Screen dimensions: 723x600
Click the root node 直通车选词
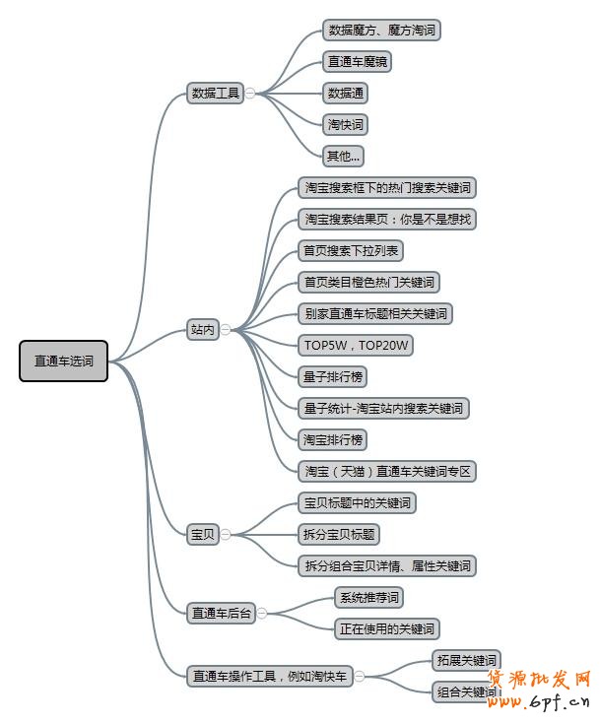[63, 361]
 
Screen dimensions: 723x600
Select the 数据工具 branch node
[215, 94]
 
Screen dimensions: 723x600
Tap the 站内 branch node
[203, 330]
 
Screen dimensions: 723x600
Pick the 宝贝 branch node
[203, 534]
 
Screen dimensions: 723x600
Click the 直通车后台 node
[222, 613]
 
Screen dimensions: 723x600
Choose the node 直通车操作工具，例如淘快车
[270, 676]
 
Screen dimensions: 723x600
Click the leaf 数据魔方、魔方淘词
[381, 31]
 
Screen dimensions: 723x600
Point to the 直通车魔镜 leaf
[360, 62]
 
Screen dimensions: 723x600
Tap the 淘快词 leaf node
[347, 125]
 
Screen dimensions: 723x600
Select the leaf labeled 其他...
[344, 156]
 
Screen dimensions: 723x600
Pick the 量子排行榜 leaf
[335, 376]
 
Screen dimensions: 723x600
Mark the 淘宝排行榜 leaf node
[335, 439]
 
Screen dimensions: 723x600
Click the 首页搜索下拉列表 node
[351, 250]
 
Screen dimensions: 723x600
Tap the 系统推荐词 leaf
[369, 597]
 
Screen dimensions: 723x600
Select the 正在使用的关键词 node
[386, 628]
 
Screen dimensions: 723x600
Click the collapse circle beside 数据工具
[250, 94]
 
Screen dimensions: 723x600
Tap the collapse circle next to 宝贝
[226, 534]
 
